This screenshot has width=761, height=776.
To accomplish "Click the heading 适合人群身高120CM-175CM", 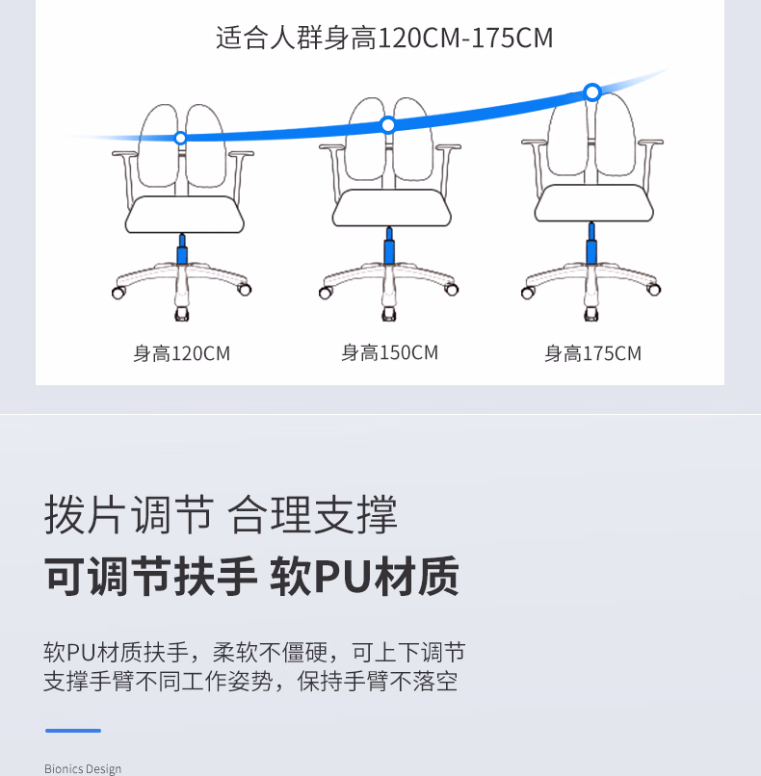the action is (x=384, y=39).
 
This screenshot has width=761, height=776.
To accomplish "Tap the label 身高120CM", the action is (x=182, y=353).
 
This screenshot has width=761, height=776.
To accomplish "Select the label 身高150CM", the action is (x=389, y=352).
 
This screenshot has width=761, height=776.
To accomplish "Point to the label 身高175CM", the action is (x=592, y=353).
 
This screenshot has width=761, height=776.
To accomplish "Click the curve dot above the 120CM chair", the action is (x=180, y=139).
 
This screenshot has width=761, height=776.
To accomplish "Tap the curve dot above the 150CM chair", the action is (x=388, y=125).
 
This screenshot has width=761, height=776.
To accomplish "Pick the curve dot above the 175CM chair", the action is (x=592, y=92).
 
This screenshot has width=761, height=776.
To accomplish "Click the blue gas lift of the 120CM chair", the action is (x=181, y=254).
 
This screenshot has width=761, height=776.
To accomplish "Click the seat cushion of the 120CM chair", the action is (x=184, y=213).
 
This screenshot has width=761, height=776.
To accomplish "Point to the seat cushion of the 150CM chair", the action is (x=389, y=207).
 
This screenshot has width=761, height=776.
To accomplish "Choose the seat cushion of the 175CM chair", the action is (x=590, y=203).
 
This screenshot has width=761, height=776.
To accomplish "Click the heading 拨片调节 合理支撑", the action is (x=221, y=515).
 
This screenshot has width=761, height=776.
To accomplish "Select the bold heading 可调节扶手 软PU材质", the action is (x=251, y=576).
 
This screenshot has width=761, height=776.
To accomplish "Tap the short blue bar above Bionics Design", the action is (x=72, y=731).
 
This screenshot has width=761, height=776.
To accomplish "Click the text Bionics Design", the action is (x=83, y=768).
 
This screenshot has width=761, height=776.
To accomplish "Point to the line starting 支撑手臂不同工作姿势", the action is (x=250, y=682).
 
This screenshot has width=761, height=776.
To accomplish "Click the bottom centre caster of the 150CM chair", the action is (x=389, y=315).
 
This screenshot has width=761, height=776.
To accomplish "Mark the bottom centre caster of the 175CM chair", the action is (x=590, y=315).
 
